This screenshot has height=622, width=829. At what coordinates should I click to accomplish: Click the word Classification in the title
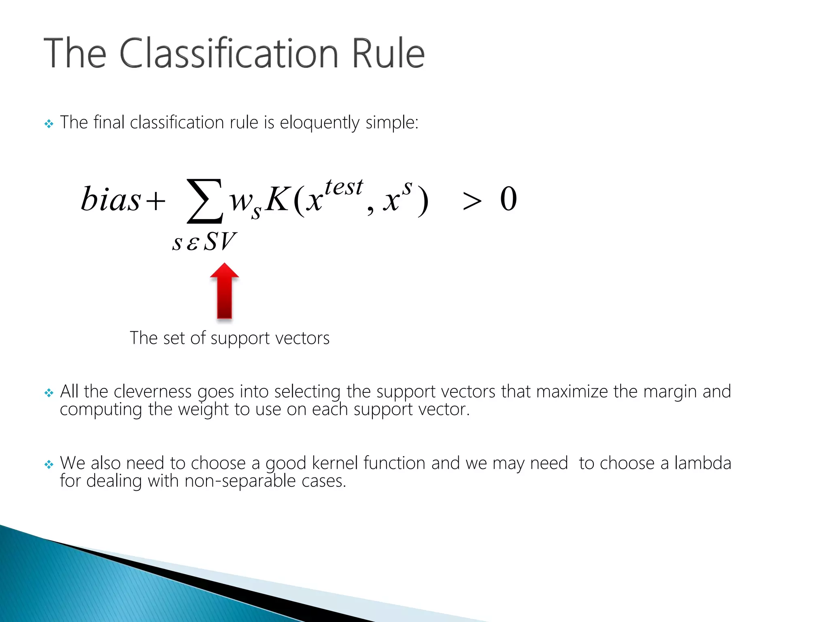(229, 53)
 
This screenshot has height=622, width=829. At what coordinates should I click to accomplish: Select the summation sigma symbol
(204, 201)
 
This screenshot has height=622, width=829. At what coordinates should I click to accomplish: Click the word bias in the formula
(111, 199)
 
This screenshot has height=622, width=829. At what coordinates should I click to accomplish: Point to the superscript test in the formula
(344, 187)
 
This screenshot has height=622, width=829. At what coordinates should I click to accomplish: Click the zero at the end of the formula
(508, 199)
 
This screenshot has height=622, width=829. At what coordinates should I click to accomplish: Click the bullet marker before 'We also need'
(49, 464)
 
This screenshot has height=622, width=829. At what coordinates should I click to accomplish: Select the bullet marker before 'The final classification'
(49, 124)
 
